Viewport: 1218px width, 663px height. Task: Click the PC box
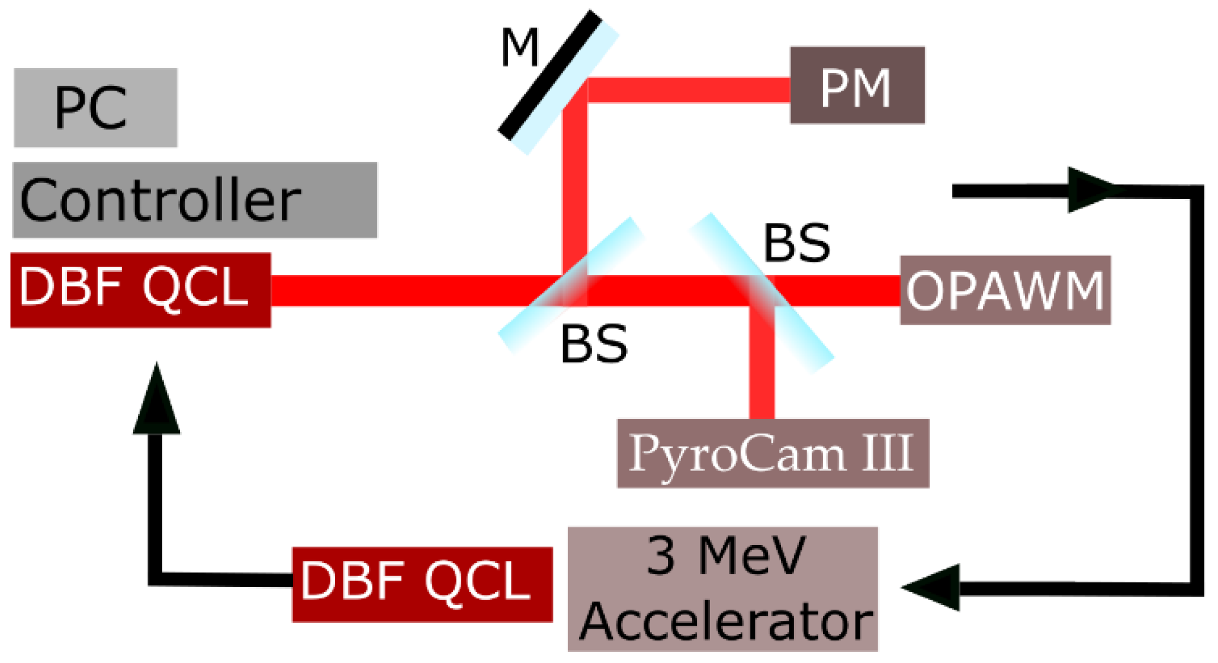[x=95, y=107]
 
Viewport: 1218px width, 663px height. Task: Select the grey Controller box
[x=194, y=200]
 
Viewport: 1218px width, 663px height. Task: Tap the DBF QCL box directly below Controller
[x=140, y=290]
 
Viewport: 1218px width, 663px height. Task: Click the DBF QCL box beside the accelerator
[x=422, y=584]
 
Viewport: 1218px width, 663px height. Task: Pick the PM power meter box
[x=857, y=85]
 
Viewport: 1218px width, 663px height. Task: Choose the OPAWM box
[x=1005, y=290]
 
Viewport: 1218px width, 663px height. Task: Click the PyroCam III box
[x=773, y=453]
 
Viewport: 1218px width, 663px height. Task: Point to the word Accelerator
[x=726, y=622]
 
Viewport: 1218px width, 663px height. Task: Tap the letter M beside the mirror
[x=519, y=48]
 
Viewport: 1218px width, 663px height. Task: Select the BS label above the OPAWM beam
[x=797, y=243]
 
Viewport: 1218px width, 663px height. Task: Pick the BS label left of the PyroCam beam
[x=593, y=344]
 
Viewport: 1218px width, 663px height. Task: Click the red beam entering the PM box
[x=687, y=90]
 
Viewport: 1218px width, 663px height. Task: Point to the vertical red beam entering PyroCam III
[x=761, y=373]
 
